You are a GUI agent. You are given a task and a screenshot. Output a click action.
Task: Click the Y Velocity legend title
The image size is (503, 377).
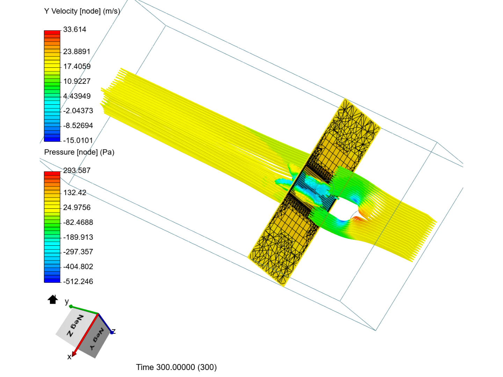82,11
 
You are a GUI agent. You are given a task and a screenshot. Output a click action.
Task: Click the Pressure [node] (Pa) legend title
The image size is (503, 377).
79,152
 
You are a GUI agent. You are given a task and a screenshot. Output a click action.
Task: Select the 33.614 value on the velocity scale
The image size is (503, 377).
74,30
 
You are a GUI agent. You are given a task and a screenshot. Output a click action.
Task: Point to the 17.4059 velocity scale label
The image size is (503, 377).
77,66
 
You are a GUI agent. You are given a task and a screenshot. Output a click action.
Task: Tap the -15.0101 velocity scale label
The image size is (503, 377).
78,140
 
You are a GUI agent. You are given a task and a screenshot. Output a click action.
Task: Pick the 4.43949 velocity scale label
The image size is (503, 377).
77,96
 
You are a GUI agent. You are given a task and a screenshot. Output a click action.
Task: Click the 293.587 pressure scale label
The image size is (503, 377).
76,171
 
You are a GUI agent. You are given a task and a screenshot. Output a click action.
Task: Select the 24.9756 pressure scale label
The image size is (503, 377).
77,208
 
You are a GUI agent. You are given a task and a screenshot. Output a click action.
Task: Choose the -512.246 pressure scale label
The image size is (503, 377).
78,281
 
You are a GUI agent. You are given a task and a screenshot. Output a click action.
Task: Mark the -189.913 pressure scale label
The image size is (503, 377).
78,237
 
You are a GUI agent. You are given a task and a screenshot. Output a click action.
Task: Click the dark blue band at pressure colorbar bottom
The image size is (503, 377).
52,280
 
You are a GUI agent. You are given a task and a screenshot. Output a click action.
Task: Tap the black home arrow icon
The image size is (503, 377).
53,300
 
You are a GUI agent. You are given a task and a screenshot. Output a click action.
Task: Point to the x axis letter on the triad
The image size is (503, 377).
69,357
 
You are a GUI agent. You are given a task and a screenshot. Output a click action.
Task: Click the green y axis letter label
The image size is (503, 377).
67,301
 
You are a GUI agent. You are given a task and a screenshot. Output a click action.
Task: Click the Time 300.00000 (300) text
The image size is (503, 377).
176,367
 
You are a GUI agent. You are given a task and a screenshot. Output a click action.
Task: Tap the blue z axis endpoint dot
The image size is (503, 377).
112,332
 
